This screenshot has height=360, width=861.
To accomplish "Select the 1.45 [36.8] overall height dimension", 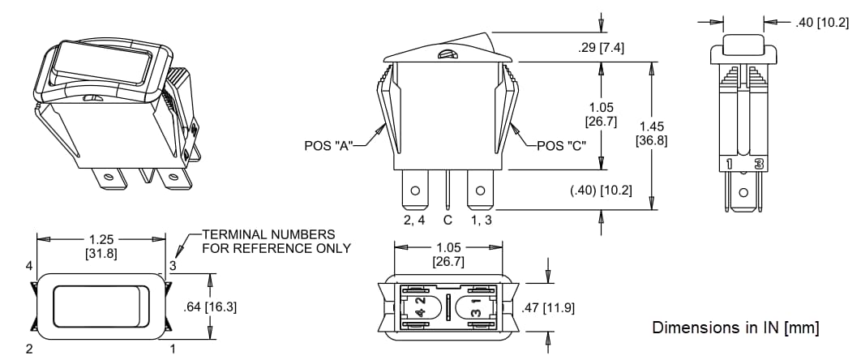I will point(653,133).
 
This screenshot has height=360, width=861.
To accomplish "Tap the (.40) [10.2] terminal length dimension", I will point(602,190).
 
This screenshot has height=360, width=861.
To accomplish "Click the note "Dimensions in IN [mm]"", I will point(735,328).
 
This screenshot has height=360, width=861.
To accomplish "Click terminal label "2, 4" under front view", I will point(414,220).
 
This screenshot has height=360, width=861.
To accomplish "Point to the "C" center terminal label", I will point(447,220).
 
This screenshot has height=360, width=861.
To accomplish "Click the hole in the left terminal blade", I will point(414,192).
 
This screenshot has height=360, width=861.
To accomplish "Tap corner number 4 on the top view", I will point(29,264).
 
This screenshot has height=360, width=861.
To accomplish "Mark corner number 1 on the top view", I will point(172,349).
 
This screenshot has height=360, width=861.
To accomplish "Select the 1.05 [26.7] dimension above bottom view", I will point(448,254).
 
